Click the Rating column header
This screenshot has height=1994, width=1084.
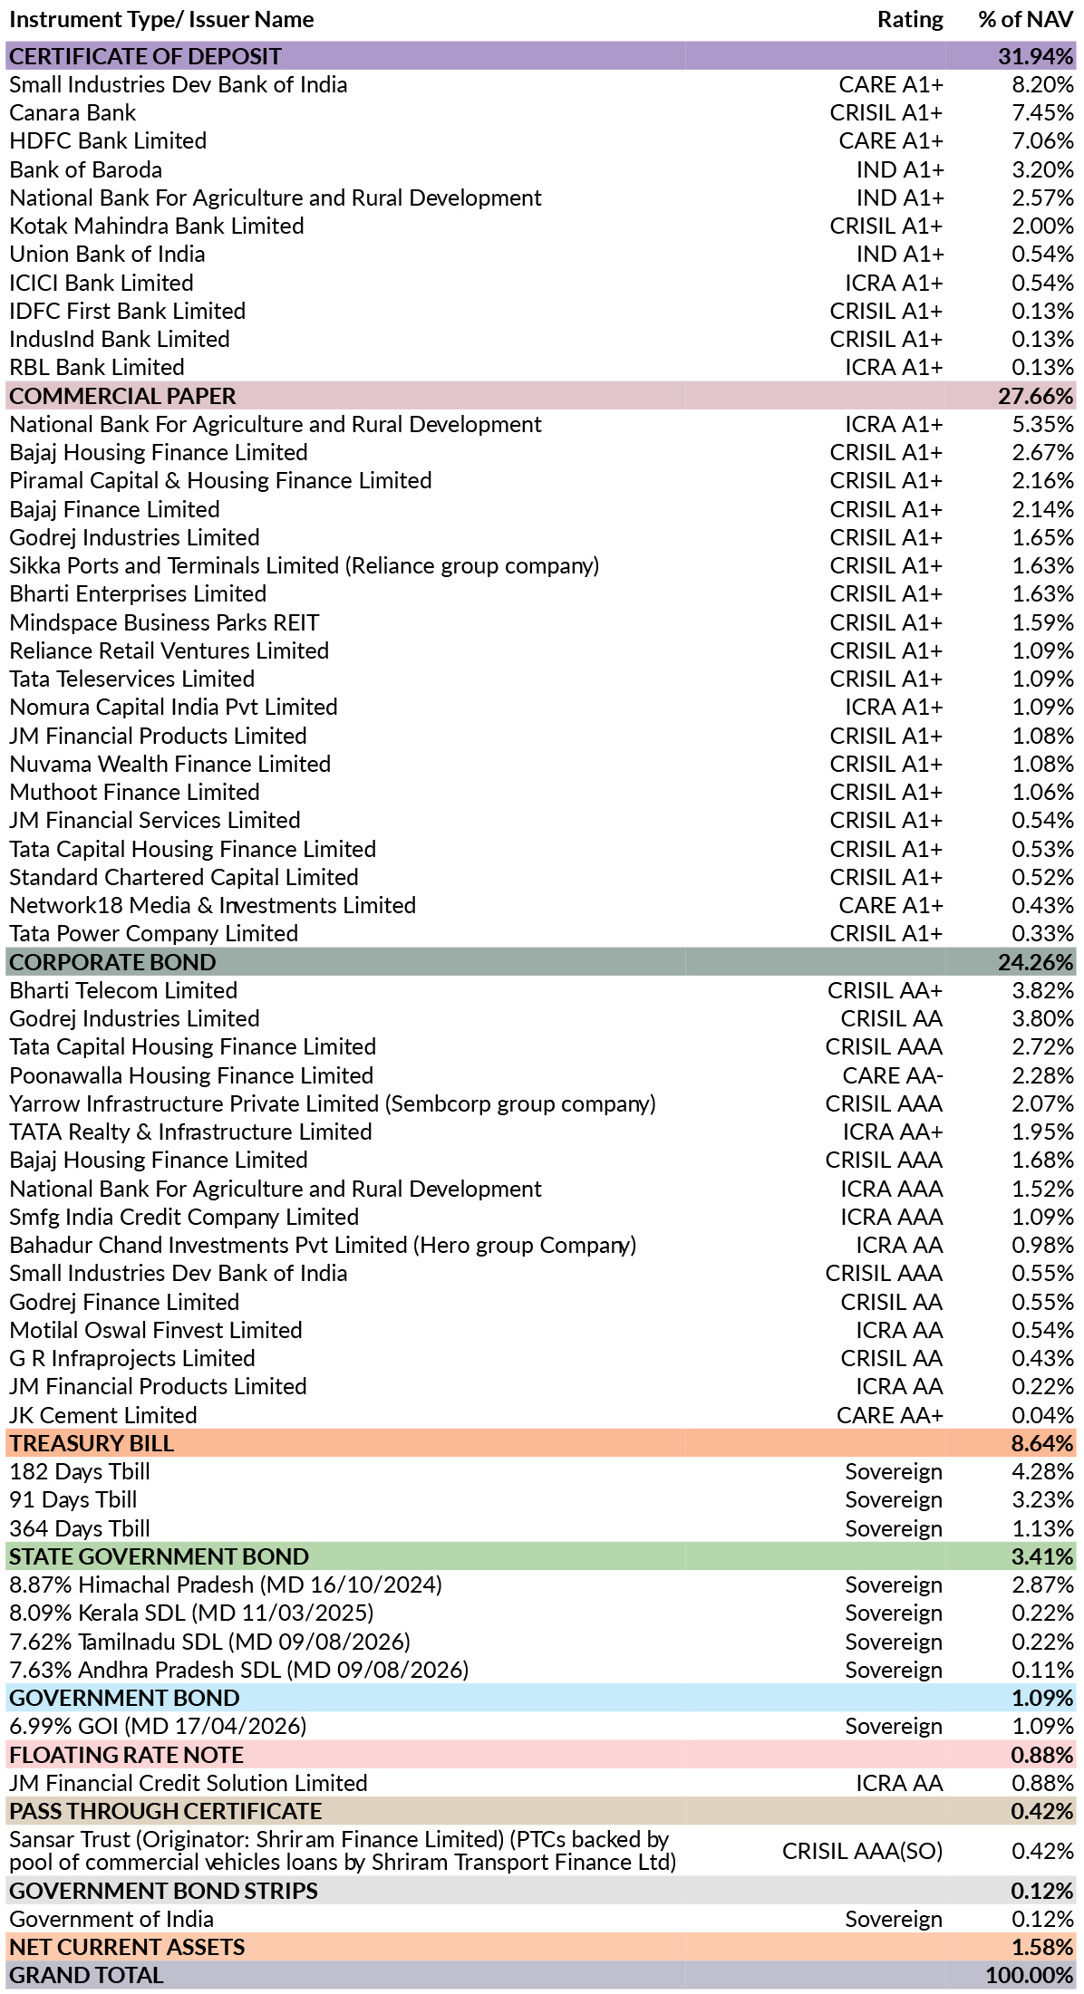(x=910, y=20)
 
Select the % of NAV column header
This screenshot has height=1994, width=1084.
(x=1026, y=20)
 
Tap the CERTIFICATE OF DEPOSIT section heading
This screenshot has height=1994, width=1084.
(x=145, y=56)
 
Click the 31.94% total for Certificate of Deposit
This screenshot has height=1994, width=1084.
(x=1036, y=56)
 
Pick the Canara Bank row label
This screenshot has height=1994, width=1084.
(x=73, y=113)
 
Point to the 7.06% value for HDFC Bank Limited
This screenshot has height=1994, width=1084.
(x=1043, y=141)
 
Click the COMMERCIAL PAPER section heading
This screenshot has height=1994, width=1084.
(x=122, y=396)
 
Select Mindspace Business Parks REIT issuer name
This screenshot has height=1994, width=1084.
(x=164, y=623)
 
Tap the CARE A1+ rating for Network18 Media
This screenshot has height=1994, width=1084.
(x=891, y=906)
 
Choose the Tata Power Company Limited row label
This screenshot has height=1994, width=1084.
(x=154, y=934)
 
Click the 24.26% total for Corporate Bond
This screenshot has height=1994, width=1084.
(x=1036, y=962)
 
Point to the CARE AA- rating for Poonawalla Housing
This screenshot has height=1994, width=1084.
(x=893, y=1076)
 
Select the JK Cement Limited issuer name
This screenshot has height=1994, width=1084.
(x=103, y=1416)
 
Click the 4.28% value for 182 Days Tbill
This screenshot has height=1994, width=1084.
(x=1043, y=1472)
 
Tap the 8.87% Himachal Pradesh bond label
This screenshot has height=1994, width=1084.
(x=226, y=1585)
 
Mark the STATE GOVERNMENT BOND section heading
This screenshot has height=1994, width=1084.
(x=160, y=1557)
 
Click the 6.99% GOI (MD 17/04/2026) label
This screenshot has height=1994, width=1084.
(x=159, y=1727)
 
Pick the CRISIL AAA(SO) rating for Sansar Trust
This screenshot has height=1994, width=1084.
(x=863, y=1852)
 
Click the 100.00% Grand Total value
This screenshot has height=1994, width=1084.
(x=1030, y=1976)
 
